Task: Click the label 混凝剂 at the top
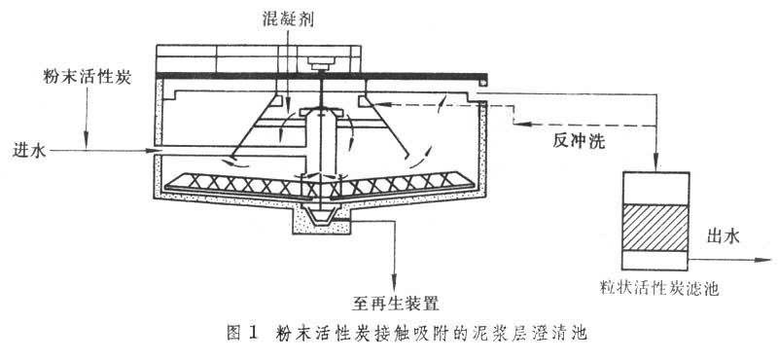[288, 18]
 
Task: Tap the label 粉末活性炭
[88, 78]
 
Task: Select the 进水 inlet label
[29, 151]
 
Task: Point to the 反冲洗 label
[579, 141]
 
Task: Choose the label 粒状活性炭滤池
[658, 288]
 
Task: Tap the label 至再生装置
[396, 302]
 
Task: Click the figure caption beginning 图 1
[407, 332]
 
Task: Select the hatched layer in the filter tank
[655, 227]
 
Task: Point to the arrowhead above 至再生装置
[395, 283]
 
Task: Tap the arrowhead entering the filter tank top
[655, 164]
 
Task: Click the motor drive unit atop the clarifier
[322, 63]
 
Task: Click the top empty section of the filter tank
[655, 188]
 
